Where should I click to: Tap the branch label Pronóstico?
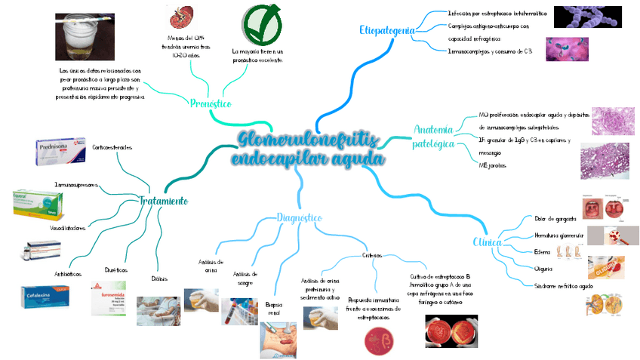point(211,103)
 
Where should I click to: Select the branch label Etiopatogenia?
point(387,30)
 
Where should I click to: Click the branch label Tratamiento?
point(163,201)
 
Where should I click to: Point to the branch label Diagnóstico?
point(300,218)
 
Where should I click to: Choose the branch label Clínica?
point(487,242)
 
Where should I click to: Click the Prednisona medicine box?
point(61,154)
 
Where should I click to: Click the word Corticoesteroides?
point(112,146)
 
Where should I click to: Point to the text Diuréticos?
point(115,269)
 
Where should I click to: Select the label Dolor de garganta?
point(555,218)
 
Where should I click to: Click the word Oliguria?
point(543,269)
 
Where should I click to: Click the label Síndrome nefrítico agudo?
point(564,286)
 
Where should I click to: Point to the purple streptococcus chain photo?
point(586,17)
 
